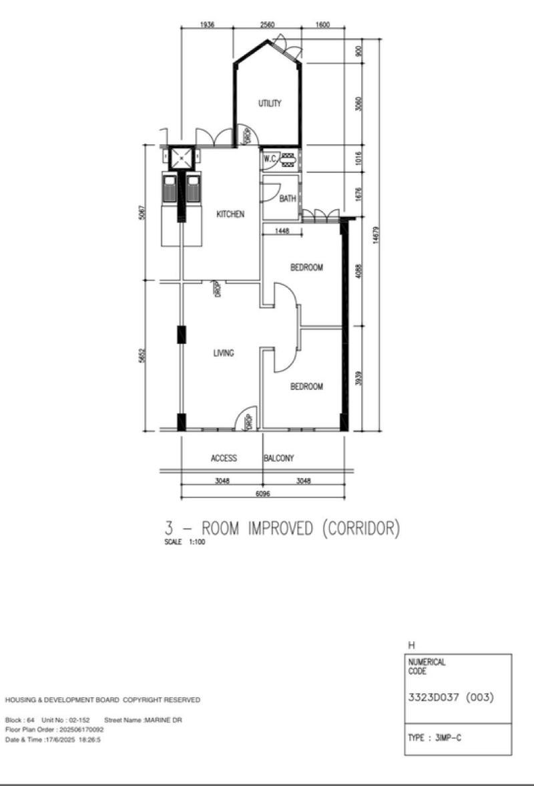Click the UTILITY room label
(x=270, y=104)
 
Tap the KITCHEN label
(x=230, y=214)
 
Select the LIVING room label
(x=223, y=353)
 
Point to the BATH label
(x=288, y=198)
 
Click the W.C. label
(x=270, y=159)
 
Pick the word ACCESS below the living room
(x=224, y=458)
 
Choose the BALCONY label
(x=279, y=458)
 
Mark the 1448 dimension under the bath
(x=276, y=230)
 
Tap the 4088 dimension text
(x=358, y=274)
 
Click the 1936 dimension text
(x=207, y=25)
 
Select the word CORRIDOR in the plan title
(x=360, y=528)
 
